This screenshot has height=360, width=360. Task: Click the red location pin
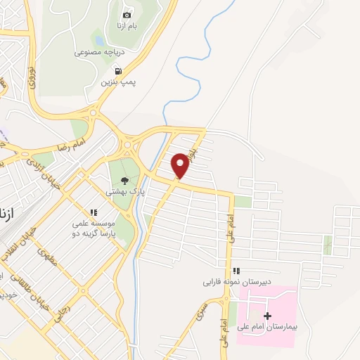point(181,165)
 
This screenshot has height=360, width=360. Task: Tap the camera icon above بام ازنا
point(127,15)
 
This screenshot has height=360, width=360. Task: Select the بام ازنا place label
point(127,26)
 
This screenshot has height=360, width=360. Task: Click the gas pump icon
point(117,71)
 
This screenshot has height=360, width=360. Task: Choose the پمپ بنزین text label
point(117,82)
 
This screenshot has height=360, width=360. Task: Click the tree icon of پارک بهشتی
point(125,180)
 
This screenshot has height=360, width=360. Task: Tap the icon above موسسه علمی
point(92,212)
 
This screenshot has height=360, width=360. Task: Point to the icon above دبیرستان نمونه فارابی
point(236,271)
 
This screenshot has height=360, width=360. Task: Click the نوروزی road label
point(31,78)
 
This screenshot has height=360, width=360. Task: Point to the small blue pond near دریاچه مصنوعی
point(98,39)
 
